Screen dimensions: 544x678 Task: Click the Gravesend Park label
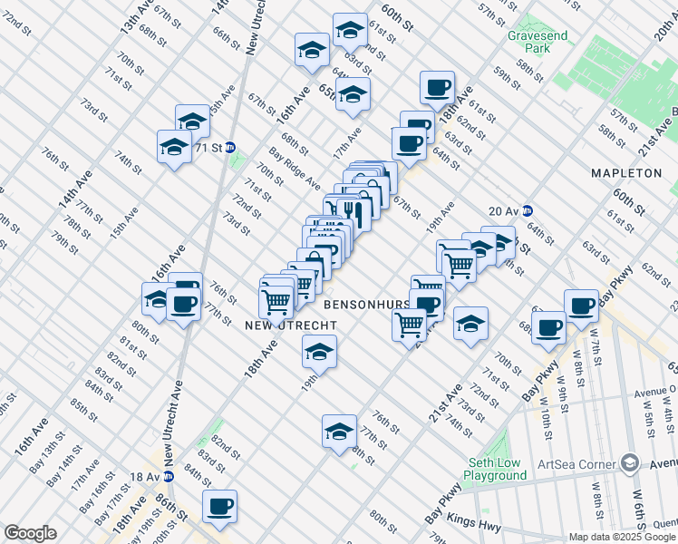click(529, 41)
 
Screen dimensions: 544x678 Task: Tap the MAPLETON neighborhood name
click(626, 172)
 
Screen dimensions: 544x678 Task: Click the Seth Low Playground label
click(496, 469)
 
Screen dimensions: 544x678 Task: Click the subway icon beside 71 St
click(230, 147)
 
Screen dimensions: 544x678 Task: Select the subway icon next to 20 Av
click(527, 210)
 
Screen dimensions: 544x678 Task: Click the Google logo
click(30, 533)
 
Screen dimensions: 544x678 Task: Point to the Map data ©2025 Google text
click(622, 537)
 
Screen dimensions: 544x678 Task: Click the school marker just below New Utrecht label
click(318, 352)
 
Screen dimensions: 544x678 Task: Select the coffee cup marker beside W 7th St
click(581, 306)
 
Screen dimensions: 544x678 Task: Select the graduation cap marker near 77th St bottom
click(339, 432)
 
